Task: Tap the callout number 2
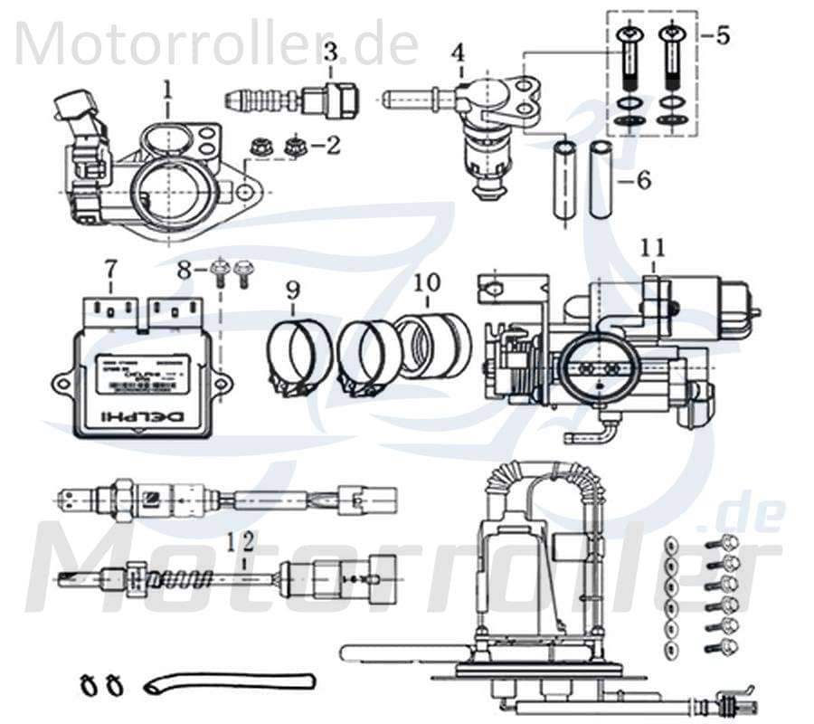[x=333, y=144]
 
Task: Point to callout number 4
[x=459, y=52]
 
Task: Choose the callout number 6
[x=643, y=180]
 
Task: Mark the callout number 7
[x=110, y=269]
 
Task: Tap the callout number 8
[x=184, y=269]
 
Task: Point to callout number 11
[x=654, y=245]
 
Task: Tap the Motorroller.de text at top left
[x=217, y=43]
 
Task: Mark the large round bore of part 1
[x=171, y=191]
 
